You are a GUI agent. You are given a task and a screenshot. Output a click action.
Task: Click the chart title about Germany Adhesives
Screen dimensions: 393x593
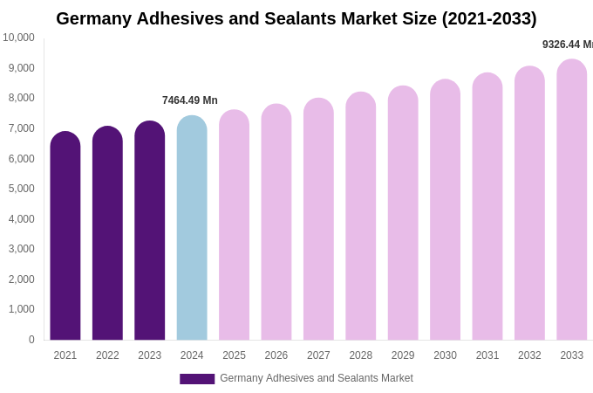pyautogui.click(x=296, y=18)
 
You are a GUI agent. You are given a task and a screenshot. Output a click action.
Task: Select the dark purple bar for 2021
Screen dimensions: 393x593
pyautogui.click(x=65, y=236)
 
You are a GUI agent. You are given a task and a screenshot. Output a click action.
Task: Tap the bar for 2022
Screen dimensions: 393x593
pyautogui.click(x=107, y=233)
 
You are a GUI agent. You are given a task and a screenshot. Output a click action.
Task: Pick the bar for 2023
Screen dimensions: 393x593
pyautogui.click(x=150, y=231)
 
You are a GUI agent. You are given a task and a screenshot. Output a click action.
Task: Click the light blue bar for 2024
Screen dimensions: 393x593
pyautogui.click(x=192, y=228)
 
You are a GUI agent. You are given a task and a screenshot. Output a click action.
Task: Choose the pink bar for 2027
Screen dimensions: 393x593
pyautogui.click(x=318, y=219)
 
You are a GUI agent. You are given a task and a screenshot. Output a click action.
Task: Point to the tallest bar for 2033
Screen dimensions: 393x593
pyautogui.click(x=572, y=200)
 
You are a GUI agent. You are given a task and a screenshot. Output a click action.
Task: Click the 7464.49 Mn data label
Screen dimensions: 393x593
pyautogui.click(x=190, y=100)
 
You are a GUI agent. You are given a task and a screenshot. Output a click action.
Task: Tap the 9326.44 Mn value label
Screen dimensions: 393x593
pyautogui.click(x=568, y=45)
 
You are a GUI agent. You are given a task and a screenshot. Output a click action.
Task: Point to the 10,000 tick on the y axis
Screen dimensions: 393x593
pyautogui.click(x=18, y=38)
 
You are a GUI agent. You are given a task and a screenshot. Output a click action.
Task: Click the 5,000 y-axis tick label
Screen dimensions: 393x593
pyautogui.click(x=22, y=189)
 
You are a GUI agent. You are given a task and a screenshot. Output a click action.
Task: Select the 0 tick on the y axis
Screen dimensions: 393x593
pyautogui.click(x=31, y=340)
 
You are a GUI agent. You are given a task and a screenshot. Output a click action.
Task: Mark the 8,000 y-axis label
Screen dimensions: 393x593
pyautogui.click(x=22, y=98)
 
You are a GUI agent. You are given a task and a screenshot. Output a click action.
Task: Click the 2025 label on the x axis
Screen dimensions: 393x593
pyautogui.click(x=234, y=355)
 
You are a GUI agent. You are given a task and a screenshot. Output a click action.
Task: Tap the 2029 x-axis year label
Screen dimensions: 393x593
pyautogui.click(x=403, y=355)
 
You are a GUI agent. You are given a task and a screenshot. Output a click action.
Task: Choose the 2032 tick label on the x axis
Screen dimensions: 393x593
pyautogui.click(x=529, y=355)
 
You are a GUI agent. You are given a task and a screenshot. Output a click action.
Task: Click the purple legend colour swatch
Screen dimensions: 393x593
pyautogui.click(x=197, y=379)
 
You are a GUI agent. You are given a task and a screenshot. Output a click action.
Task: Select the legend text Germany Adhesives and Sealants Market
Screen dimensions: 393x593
pyautogui.click(x=317, y=378)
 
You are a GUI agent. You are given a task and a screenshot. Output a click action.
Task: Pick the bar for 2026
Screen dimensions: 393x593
pyautogui.click(x=276, y=222)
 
